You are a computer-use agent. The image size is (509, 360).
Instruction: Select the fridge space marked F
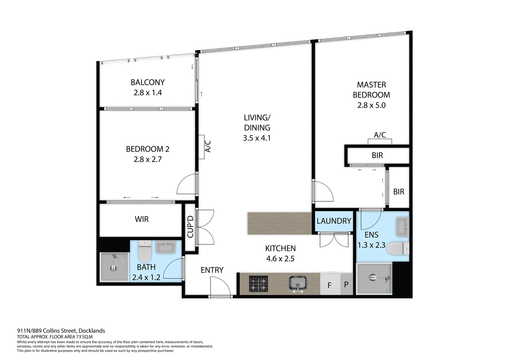tap(329, 285)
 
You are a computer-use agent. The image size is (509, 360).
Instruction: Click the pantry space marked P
tap(346, 285)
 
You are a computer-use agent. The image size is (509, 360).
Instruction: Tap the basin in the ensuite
tap(402, 227)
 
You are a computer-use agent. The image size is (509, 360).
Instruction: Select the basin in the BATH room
tap(166, 247)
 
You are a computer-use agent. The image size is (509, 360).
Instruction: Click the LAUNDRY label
tap(334, 221)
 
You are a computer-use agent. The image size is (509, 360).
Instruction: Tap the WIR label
tap(142, 219)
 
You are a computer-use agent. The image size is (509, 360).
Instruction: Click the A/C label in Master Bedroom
tap(380, 135)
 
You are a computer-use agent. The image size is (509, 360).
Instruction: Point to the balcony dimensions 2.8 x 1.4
tap(148, 93)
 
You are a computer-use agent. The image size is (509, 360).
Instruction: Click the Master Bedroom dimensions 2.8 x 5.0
tap(371, 105)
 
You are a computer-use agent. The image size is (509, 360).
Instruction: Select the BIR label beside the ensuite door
tap(398, 192)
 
